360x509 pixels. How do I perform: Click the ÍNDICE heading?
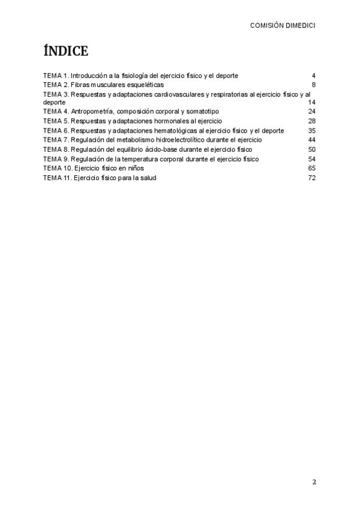[x=66, y=52]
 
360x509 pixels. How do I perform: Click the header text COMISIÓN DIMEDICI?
[x=283, y=26]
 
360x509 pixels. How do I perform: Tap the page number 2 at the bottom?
[x=314, y=481]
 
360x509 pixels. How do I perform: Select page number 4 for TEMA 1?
[x=313, y=76]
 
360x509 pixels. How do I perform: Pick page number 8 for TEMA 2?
[x=313, y=85]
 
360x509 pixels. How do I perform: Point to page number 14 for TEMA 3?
[x=311, y=103]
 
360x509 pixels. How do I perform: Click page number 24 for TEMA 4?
[x=311, y=112]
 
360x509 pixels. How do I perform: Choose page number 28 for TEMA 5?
[x=311, y=121]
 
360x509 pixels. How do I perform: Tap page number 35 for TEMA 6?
[x=311, y=130]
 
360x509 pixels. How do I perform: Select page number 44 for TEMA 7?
[x=311, y=139]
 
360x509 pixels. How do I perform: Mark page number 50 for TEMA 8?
[x=311, y=149]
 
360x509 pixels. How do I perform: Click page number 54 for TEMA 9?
[x=311, y=158]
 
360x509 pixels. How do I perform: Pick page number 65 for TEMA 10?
[x=311, y=168]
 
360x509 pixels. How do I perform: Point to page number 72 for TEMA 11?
[x=311, y=178]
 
